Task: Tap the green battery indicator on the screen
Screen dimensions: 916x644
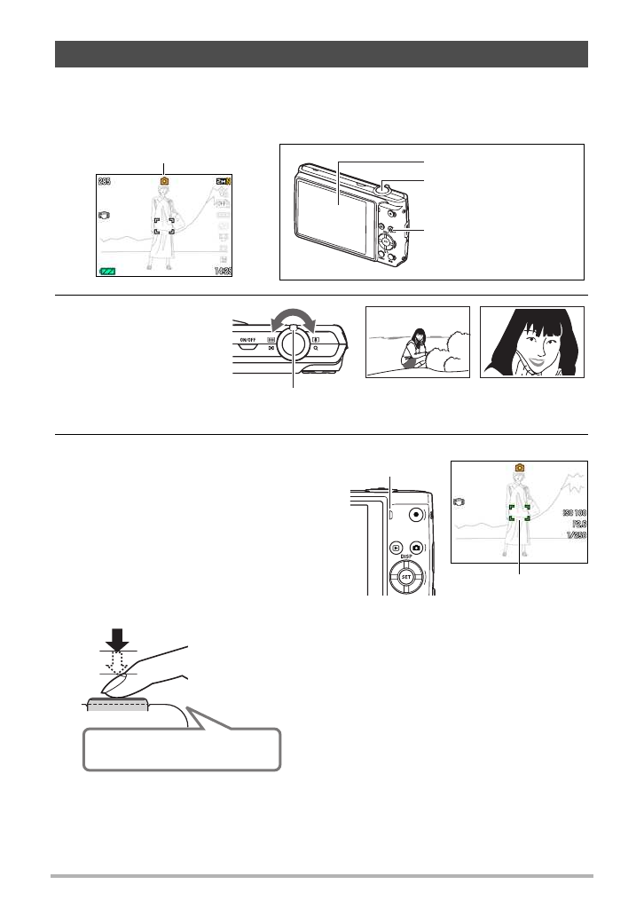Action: tap(107, 271)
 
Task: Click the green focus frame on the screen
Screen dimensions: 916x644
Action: tap(519, 512)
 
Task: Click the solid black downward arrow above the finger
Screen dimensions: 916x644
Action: tap(116, 637)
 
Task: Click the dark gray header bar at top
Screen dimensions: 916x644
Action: tap(322, 53)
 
